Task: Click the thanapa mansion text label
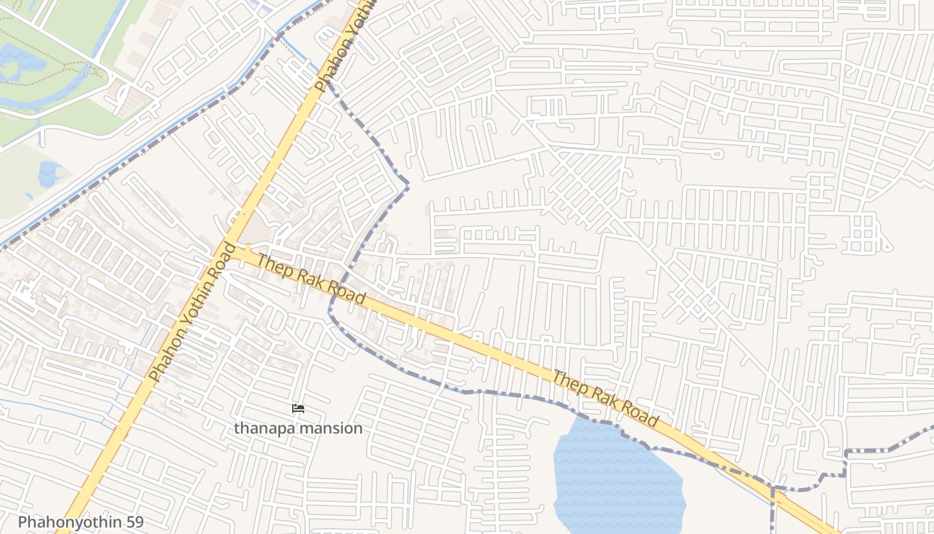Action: [298, 429]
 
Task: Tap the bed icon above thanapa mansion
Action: [298, 409]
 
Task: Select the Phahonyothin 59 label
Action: [81, 522]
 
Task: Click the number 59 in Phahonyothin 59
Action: [133, 522]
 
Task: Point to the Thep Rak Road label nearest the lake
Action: [605, 399]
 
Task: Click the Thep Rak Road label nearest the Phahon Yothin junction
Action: [312, 280]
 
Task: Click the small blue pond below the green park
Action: [49, 173]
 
